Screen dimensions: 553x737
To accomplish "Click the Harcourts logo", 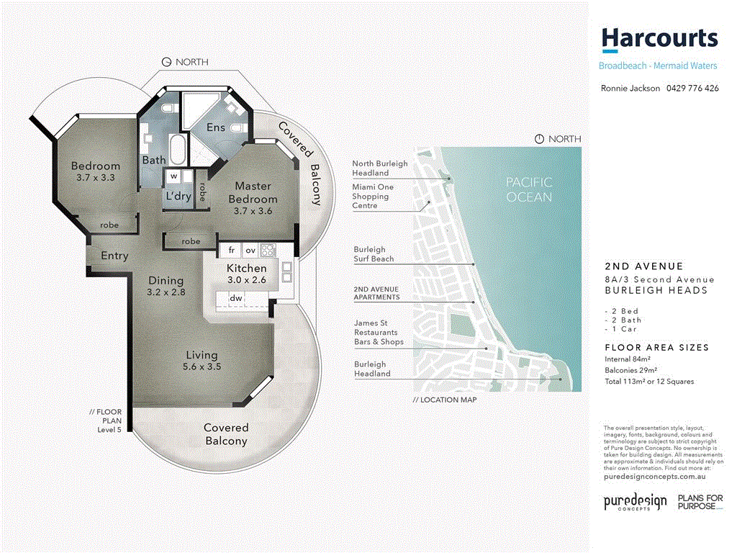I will click(659, 39).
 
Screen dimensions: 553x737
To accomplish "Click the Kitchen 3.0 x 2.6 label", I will click(247, 274).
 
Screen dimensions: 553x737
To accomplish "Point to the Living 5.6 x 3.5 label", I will click(202, 361).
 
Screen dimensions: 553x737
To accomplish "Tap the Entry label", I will click(114, 256).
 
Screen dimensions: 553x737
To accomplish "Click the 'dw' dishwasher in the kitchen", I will click(235, 298).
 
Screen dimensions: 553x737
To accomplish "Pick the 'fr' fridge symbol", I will click(232, 251).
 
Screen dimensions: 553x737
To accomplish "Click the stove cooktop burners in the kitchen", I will click(268, 251).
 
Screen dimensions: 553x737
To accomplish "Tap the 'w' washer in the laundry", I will click(173, 176).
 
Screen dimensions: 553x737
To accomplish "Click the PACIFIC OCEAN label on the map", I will click(528, 190).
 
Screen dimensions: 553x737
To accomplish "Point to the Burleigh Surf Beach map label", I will click(374, 254).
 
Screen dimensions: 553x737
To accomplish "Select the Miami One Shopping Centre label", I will click(372, 197).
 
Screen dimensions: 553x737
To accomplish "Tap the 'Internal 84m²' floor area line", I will click(628, 359).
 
